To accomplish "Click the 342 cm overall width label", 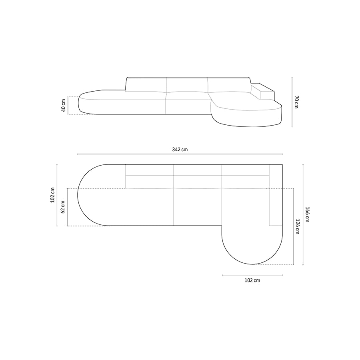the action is click(x=180, y=150).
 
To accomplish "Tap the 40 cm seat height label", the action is click(x=64, y=105).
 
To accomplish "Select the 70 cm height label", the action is click(x=296, y=102).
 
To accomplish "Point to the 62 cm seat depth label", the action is click(x=63, y=207).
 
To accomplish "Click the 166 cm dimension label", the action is click(x=308, y=214).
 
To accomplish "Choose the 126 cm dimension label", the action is click(x=297, y=226).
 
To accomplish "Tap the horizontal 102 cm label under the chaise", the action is click(x=252, y=280).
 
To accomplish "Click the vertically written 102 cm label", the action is click(x=52, y=195).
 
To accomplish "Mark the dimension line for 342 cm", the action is click(x=180, y=154).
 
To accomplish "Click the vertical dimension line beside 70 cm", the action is click(x=292, y=102).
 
